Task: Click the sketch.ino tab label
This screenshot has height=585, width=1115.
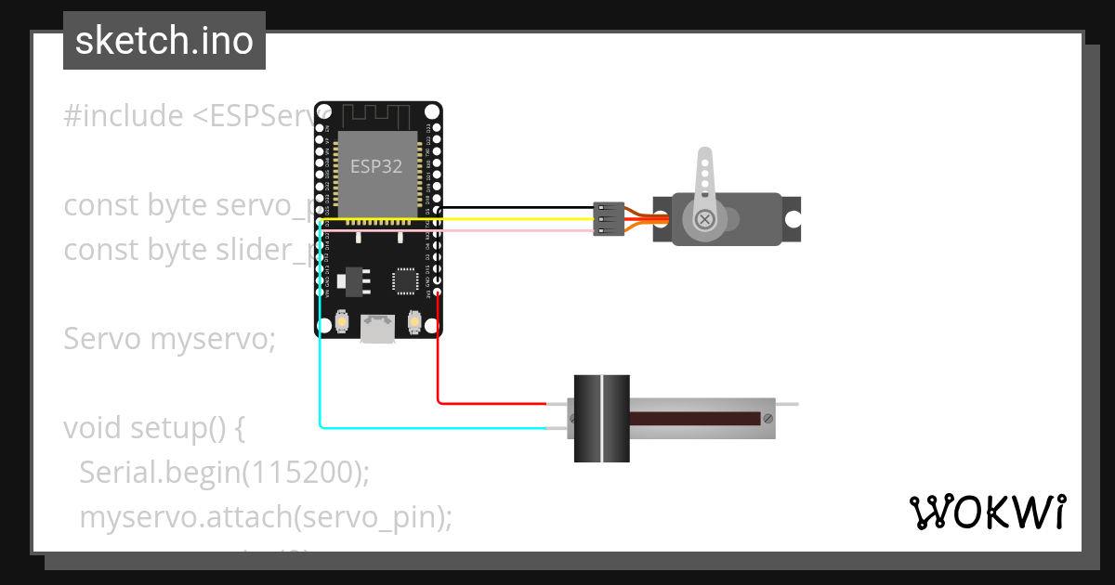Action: [x=164, y=41]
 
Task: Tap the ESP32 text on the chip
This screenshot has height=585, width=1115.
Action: [x=375, y=166]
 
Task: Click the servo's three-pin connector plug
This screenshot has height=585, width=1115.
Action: [x=607, y=219]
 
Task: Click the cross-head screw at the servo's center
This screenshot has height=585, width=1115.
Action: [x=705, y=219]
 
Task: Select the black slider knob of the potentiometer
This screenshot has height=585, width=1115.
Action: [x=601, y=418]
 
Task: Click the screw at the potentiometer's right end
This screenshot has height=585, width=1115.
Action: [x=767, y=419]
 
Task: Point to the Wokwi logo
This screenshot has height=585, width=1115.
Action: [x=987, y=512]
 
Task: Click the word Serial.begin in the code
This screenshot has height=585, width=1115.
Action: [x=160, y=473]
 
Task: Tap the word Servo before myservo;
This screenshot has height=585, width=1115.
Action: [x=102, y=339]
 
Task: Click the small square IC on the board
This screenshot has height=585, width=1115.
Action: [x=406, y=280]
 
